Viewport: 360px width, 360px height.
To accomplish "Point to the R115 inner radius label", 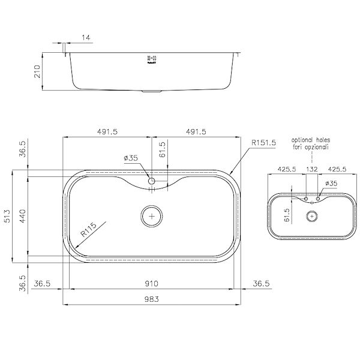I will pyautogui.click(x=89, y=233).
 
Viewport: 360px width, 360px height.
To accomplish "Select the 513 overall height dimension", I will pyautogui.click(x=7, y=217).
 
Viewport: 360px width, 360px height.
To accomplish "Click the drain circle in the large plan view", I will pyautogui.click(x=152, y=215).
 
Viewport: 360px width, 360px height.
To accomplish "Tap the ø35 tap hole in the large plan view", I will pyautogui.click(x=152, y=181).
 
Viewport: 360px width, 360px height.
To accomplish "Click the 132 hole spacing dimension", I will pyautogui.click(x=311, y=169).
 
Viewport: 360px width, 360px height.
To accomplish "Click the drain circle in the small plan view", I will pyautogui.click(x=311, y=216).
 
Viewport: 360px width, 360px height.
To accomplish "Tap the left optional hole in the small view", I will pyautogui.click(x=306, y=198).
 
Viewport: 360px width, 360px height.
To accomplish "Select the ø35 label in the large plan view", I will pyautogui.click(x=131, y=158).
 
